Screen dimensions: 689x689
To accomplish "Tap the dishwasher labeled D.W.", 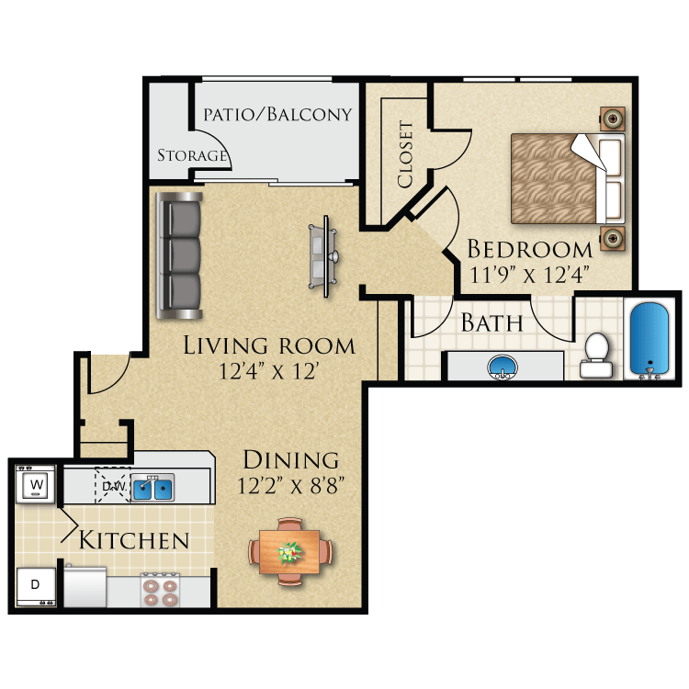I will click(111, 485).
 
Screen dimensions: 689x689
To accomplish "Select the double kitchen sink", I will click(152, 488).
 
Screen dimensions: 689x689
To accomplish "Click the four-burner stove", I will click(163, 588).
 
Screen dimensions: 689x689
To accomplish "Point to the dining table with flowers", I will click(290, 551).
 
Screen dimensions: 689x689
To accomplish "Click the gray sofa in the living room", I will click(179, 254).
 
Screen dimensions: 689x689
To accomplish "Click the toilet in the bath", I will click(595, 355).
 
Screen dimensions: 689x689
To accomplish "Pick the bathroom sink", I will click(502, 366).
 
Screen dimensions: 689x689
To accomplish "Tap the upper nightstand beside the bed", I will click(612, 118).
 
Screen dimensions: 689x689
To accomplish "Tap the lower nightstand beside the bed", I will click(612, 239).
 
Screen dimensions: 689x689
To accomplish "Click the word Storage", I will click(191, 155).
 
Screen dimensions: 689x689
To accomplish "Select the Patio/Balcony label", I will click(277, 115).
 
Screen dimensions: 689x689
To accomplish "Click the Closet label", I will click(405, 154).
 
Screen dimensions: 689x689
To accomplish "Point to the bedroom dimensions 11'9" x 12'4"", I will click(528, 273).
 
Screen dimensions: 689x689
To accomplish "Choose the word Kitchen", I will click(134, 540).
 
